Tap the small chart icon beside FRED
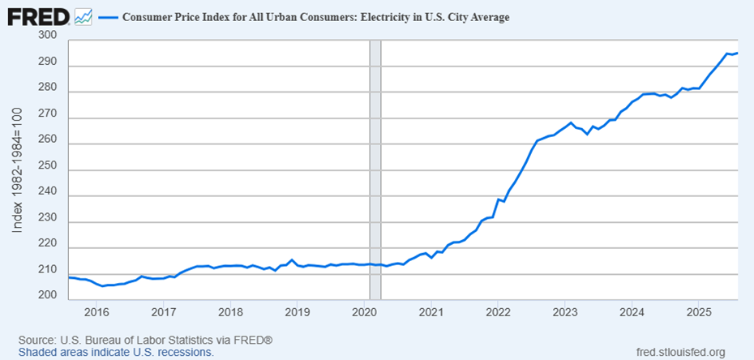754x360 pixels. click(x=83, y=15)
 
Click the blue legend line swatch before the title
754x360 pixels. click(x=109, y=16)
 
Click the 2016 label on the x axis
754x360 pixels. click(x=96, y=312)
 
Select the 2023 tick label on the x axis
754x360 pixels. click(x=565, y=312)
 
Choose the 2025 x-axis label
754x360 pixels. click(x=699, y=312)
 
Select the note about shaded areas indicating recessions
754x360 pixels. click(x=117, y=353)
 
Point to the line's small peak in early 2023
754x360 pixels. click(x=572, y=122)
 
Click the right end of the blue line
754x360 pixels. click(x=737, y=54)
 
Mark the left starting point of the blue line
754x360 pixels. click(x=70, y=277)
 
